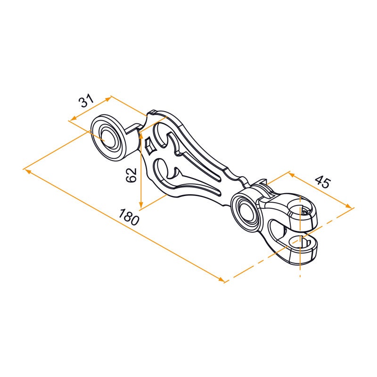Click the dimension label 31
click(x=86, y=101)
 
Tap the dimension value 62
click(x=131, y=175)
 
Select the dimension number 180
click(x=129, y=217)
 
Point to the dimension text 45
click(x=323, y=182)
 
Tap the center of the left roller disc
click(x=109, y=138)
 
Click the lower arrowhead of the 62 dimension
click(x=141, y=204)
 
